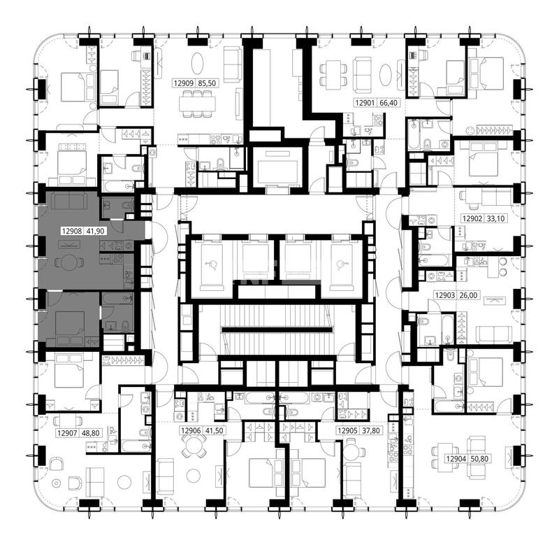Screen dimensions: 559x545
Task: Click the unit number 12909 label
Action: [x=184, y=83]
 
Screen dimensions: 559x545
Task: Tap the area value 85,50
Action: [x=207, y=83]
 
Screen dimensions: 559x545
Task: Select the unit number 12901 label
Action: [x=365, y=103]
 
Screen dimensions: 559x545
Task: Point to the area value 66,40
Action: [x=389, y=103]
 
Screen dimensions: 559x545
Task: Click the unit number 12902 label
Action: [x=472, y=218]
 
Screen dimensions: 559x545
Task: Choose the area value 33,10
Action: [x=495, y=218]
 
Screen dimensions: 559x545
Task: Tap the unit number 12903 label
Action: [x=445, y=295]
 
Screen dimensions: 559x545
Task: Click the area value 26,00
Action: [x=468, y=295]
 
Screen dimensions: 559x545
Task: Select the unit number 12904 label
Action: [x=456, y=459]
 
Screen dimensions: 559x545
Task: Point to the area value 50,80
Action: [x=479, y=459]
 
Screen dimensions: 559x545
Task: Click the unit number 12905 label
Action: [x=347, y=431]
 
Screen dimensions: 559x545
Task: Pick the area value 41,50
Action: [x=214, y=431]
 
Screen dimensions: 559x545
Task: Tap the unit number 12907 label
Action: [x=67, y=433]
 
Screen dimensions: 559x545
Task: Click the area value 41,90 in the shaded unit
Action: [x=95, y=232]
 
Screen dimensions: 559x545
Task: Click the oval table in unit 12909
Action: [x=198, y=64]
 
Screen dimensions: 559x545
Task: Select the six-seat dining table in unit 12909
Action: [x=197, y=104]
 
